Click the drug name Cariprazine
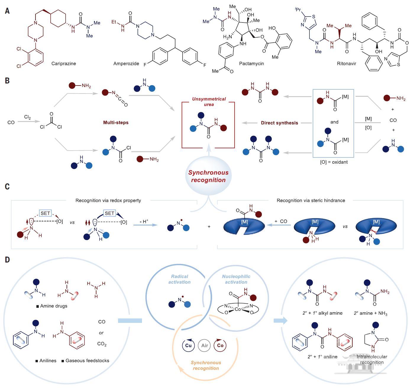[64, 63]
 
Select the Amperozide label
[126, 63]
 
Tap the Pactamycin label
[251, 63]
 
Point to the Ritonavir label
[346, 63]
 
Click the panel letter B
[7, 81]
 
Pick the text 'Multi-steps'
[116, 122]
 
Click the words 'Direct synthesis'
[279, 123]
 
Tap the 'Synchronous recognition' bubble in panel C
[208, 176]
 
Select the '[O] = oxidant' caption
[334, 162]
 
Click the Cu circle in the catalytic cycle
[188, 345]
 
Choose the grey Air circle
[204, 345]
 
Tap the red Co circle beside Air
[220, 345]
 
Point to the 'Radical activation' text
[180, 279]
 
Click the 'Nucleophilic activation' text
[236, 279]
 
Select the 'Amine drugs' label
[54, 306]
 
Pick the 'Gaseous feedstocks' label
[87, 360]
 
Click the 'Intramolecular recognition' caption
[372, 359]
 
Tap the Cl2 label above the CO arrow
[28, 117]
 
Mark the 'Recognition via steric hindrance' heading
[311, 200]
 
